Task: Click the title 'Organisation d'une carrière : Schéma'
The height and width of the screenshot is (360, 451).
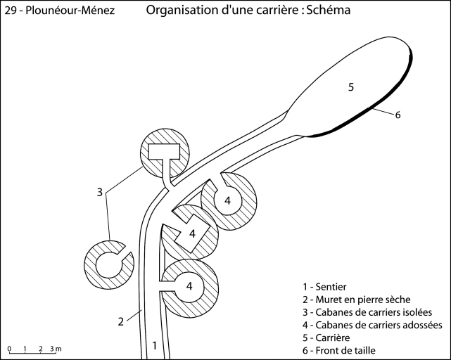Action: pos(248,11)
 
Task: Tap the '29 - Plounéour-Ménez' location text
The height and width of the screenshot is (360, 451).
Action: pos(59,12)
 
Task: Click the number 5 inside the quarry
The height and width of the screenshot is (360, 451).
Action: pos(350,86)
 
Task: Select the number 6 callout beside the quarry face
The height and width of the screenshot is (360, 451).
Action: pos(398,115)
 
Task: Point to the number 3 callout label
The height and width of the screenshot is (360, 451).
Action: pos(100,191)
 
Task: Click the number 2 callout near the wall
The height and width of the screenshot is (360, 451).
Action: pos(121,321)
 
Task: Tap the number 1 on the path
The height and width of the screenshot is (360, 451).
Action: pos(155,345)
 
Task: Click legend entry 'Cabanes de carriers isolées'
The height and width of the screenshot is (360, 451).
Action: pos(367,312)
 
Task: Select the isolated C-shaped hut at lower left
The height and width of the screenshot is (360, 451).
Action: pos(108,265)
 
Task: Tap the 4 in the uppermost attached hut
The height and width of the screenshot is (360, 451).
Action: pos(227,201)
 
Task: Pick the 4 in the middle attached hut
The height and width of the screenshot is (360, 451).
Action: pos(191,233)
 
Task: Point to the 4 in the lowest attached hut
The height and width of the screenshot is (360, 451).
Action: pos(189,285)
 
